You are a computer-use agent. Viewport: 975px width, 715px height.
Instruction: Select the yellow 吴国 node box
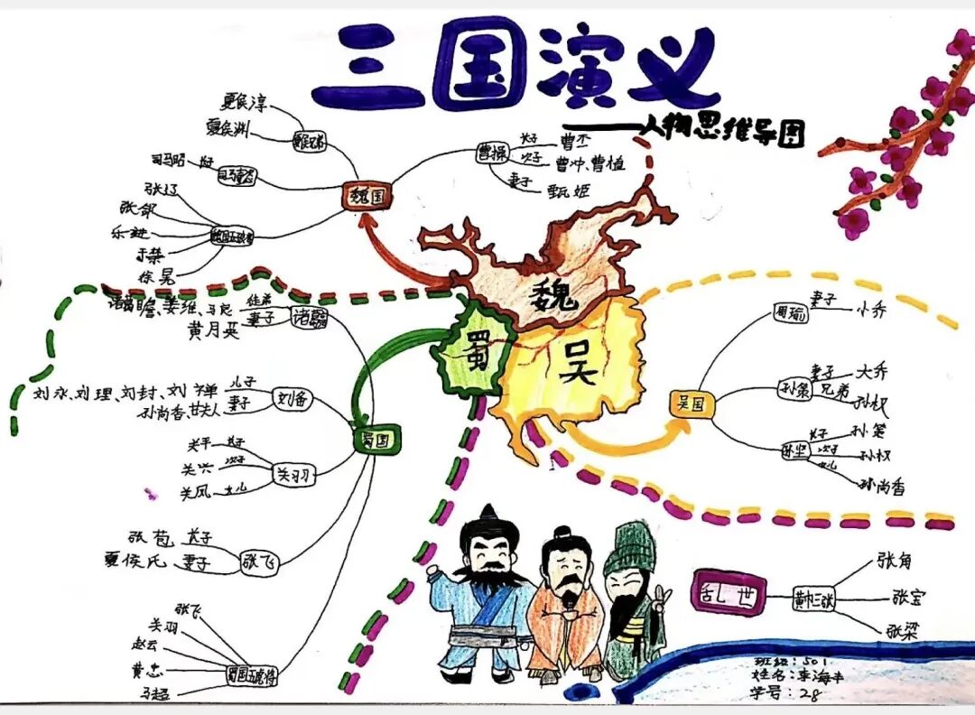click(x=692, y=404)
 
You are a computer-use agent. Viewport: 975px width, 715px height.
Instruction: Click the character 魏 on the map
click(x=552, y=294)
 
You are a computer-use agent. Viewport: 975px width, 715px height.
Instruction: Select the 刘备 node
click(x=291, y=399)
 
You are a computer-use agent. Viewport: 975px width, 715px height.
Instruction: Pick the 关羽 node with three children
click(x=295, y=475)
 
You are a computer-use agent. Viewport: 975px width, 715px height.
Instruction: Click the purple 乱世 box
click(x=727, y=594)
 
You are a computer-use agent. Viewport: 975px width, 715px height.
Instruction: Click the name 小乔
click(x=871, y=313)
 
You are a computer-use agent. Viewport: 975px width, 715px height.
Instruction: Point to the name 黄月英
click(x=213, y=331)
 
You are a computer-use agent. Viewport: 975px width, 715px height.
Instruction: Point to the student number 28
click(x=811, y=693)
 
